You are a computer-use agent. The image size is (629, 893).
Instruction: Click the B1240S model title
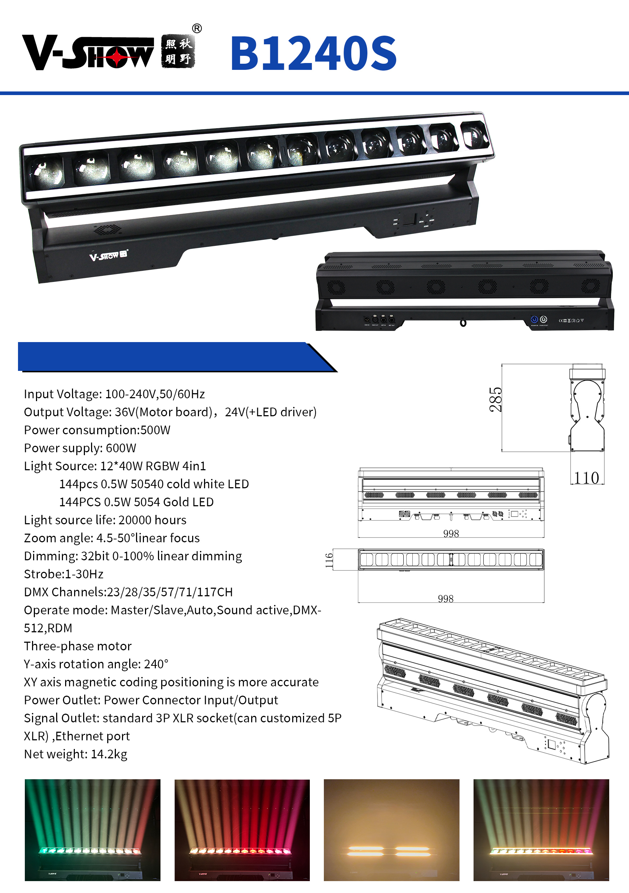313,53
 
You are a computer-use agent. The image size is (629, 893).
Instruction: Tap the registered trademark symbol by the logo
197,28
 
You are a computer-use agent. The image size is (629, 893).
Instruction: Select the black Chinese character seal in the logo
178,52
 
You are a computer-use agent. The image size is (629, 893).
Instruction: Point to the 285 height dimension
495,399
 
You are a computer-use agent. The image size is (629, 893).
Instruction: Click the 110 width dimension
587,477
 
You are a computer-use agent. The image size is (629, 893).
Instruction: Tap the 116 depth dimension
329,560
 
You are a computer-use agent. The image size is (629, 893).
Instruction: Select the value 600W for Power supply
121,448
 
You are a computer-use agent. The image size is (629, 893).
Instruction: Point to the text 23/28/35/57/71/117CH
169,592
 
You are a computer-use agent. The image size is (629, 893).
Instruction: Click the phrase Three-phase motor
78,646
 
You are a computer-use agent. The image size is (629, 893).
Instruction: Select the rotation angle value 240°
156,664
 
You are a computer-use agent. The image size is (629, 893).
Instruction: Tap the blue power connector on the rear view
534,319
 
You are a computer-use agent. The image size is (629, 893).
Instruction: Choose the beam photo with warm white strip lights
392,829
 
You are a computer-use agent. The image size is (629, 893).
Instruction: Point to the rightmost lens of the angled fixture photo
473,135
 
